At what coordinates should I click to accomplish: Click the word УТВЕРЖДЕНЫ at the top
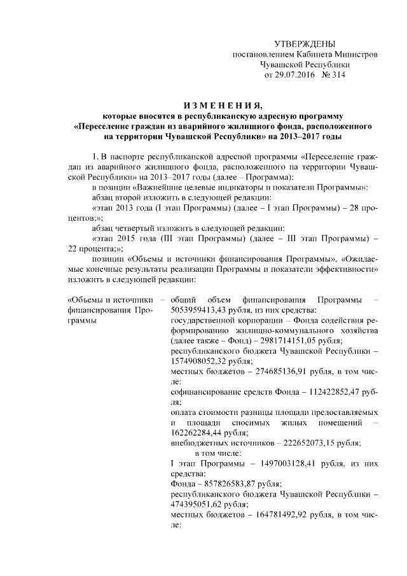coord(303,43)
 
